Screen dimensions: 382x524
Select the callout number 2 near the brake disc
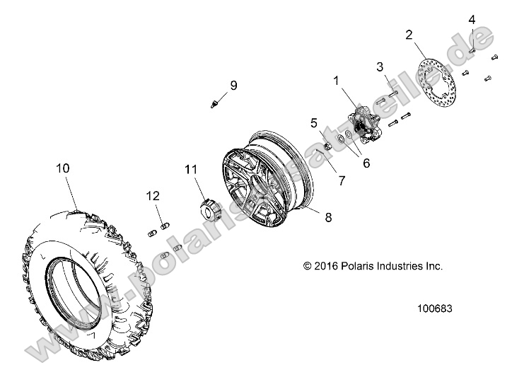409,34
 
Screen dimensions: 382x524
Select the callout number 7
342,180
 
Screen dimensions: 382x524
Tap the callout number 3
380,67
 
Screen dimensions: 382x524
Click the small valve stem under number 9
214,104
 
